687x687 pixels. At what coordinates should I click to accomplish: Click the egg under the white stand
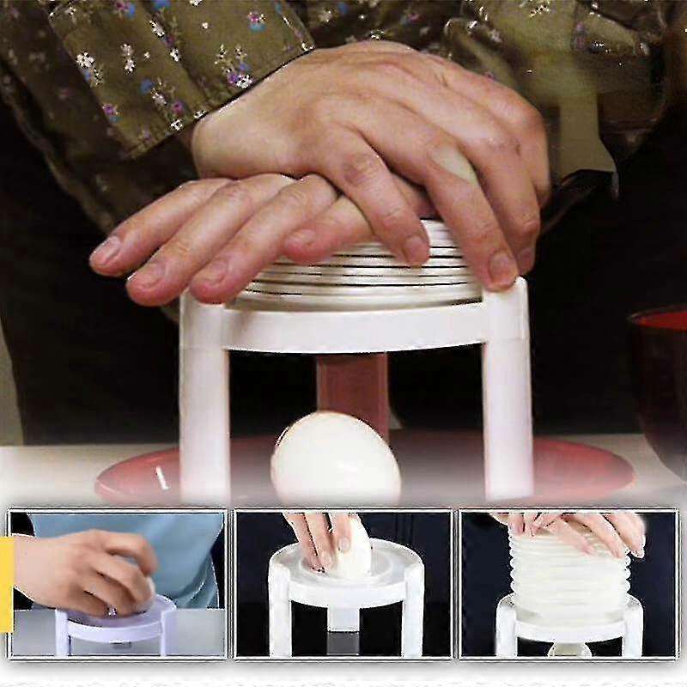[x=335, y=459]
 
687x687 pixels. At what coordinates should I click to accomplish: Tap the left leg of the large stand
[x=204, y=404]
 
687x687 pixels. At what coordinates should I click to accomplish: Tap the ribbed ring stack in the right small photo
[x=567, y=571]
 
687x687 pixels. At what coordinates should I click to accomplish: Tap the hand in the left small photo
[x=86, y=567]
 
